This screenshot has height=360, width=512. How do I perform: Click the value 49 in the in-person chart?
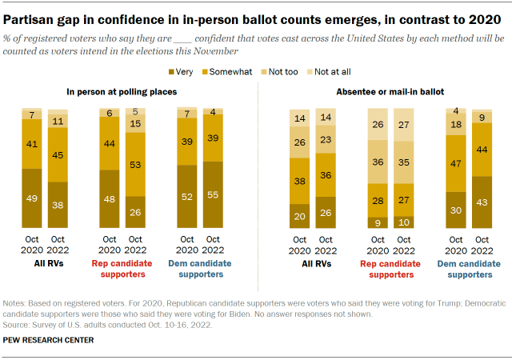click(33, 198)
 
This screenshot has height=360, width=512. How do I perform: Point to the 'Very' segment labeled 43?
click(482, 202)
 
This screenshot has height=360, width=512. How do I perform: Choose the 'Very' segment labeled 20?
click(300, 216)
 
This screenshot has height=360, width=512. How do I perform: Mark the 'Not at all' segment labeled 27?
click(405, 125)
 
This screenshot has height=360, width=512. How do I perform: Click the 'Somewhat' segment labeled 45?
click(58, 155)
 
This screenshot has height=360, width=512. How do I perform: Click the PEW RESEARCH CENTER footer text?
click(53, 340)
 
